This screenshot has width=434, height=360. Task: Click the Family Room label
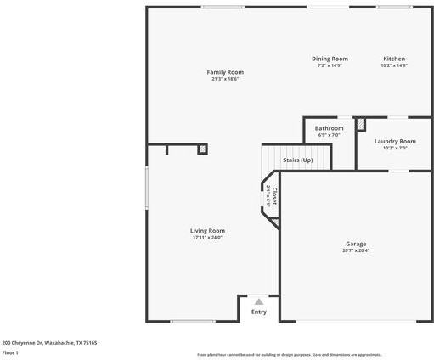(225, 72)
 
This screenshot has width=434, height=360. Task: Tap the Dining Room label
(329, 59)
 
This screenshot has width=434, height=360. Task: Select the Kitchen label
(394, 59)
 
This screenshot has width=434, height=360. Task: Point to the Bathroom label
(329, 128)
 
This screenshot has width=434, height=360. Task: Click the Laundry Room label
(395, 141)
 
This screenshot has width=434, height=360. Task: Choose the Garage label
(356, 243)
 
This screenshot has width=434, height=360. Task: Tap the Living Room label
(207, 230)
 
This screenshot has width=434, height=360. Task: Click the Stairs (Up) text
(297, 160)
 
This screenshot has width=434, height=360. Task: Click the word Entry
(259, 312)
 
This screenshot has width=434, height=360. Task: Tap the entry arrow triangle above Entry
(259, 301)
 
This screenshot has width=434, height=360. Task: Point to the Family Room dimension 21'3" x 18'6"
(225, 79)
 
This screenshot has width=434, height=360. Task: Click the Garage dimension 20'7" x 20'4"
(356, 250)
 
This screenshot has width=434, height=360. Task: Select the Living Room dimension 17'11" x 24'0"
(207, 238)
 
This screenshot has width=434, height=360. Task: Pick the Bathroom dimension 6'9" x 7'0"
(329, 135)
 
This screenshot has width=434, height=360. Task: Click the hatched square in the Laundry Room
(360, 124)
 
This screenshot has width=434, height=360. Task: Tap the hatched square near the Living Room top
(202, 149)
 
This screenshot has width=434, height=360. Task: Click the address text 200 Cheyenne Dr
(49, 342)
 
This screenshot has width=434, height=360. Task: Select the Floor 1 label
(10, 352)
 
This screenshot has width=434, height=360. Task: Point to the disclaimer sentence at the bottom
(289, 355)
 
